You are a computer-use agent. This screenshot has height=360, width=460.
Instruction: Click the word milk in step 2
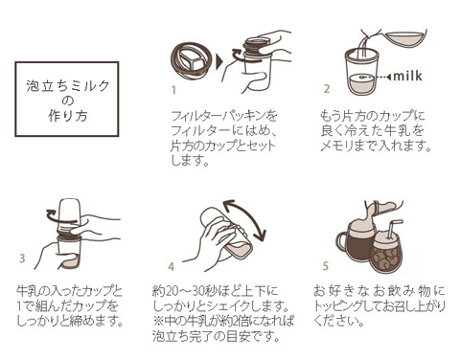tap(408, 76)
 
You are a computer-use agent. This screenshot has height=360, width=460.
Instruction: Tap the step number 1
tap(173, 90)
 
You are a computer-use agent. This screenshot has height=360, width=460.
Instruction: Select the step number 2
tap(327, 89)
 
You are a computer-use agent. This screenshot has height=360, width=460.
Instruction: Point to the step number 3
tap(22, 259)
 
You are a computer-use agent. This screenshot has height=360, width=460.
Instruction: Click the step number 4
tap(172, 266)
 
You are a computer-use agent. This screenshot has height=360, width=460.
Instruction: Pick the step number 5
tap(326, 266)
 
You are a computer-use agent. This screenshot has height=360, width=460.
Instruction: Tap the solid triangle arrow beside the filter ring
tap(220, 61)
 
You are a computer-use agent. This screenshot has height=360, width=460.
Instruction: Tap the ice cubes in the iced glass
tap(387, 258)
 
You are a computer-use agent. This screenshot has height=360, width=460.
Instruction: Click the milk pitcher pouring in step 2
tap(405, 40)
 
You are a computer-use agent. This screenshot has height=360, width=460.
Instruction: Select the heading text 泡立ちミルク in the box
tap(68, 85)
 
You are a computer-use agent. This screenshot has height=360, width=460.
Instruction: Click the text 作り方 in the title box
tap(68, 116)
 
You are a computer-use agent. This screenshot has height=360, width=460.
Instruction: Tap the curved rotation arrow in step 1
tap(238, 56)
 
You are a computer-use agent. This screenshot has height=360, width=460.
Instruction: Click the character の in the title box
tap(68, 101)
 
